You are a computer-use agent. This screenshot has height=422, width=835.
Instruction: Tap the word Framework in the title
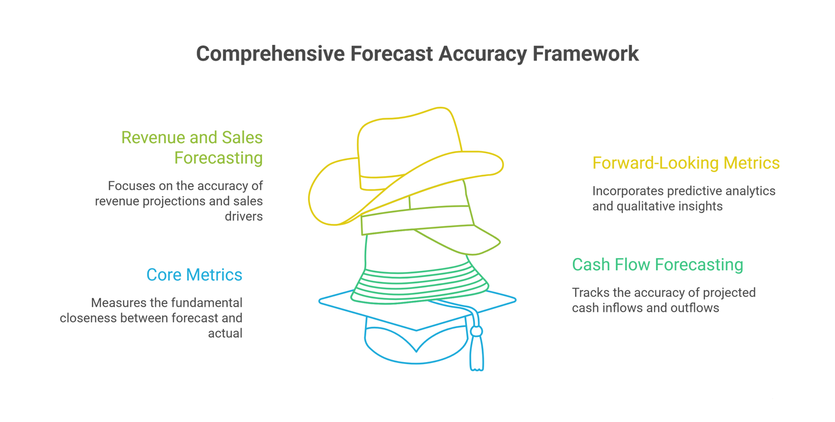point(586,54)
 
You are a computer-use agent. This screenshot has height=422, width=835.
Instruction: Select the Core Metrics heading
point(194,275)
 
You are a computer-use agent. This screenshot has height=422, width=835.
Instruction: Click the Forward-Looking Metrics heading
point(686,164)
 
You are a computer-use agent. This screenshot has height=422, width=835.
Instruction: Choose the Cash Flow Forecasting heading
point(658,265)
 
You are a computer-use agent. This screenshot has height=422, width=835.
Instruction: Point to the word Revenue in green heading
point(159,138)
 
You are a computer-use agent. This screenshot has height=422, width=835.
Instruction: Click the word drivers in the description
point(244,216)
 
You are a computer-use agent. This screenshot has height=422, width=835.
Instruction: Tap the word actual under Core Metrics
point(225,333)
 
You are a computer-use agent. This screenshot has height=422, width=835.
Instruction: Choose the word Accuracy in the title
point(483,54)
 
